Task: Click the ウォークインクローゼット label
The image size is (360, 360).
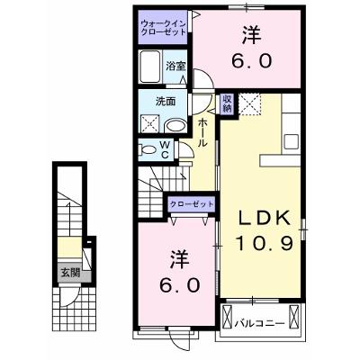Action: [x=164, y=27]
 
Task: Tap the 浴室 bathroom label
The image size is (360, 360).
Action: [x=175, y=67]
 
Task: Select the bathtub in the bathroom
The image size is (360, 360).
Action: [x=150, y=67]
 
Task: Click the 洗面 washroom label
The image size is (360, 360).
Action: [x=166, y=102]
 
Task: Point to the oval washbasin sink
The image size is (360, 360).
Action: [x=176, y=126]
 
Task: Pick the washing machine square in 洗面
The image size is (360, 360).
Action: [x=150, y=123]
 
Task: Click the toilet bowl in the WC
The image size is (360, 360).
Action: [x=148, y=149]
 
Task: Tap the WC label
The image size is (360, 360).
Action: [x=165, y=149]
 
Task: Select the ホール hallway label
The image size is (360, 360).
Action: [x=202, y=132]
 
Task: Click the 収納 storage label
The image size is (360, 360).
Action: [x=228, y=103]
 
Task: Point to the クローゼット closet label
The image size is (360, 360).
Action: [x=192, y=204]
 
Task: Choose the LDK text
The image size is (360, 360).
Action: [x=265, y=219]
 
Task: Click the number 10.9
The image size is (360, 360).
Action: [x=264, y=243]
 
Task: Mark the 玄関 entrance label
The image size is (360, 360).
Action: [x=71, y=273]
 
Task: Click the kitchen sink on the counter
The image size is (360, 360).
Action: [x=292, y=142]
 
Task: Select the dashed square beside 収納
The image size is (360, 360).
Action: [x=250, y=103]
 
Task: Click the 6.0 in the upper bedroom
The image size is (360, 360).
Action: [x=252, y=60]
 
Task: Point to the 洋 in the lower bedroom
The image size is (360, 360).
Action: [x=180, y=259]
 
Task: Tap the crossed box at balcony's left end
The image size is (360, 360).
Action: [x=227, y=317]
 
